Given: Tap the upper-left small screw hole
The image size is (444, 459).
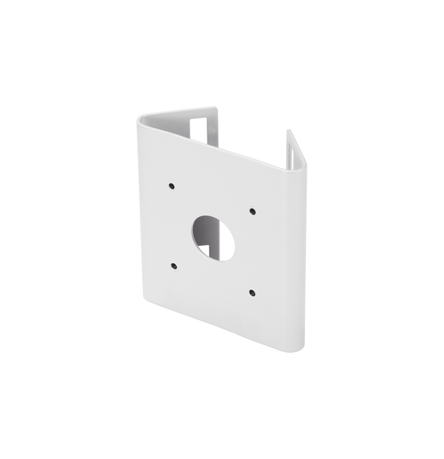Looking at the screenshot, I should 169,187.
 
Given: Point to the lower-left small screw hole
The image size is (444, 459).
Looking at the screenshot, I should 171,262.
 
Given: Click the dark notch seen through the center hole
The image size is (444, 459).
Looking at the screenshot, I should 205,248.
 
